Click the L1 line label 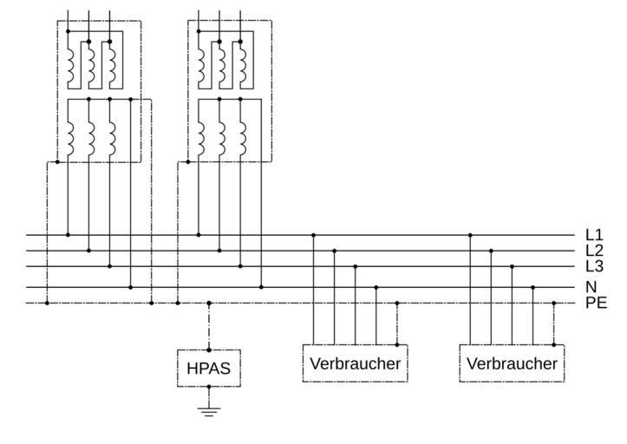tap(594, 235)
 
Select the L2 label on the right tap(594, 251)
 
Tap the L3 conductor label tap(594, 266)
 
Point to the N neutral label tap(591, 287)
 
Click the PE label tap(596, 303)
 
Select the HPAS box tap(209, 368)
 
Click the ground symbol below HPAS tap(209, 410)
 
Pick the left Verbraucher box tap(355, 363)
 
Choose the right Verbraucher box tap(512, 363)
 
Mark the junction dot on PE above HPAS tap(209, 304)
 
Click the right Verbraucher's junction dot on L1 tap(470, 235)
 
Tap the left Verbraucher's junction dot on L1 tap(313, 235)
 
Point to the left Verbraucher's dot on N tap(376, 287)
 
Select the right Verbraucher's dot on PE tap(553, 304)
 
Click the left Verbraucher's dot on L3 tap(355, 266)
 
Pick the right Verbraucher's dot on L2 tap(491, 251)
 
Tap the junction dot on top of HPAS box tap(209, 349)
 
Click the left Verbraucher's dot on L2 tap(334, 251)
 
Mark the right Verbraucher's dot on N tap(532, 287)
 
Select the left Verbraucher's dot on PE tap(396, 304)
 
